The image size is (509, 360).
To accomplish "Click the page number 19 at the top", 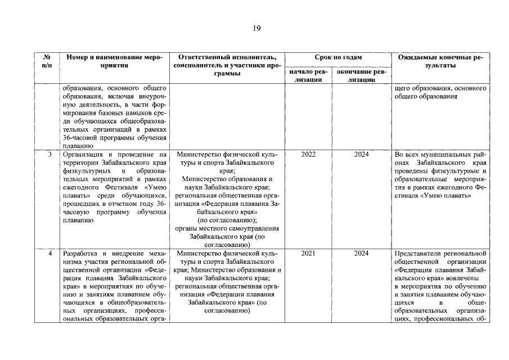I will tap(256, 28).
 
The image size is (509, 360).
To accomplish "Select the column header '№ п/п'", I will tap(47, 61).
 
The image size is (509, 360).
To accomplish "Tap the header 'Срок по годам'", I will tap(338, 57).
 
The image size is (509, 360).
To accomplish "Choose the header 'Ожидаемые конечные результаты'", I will tap(440, 61).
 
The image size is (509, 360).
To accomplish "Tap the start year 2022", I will tap(308, 154).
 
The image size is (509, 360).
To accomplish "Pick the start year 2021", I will tap(308, 253).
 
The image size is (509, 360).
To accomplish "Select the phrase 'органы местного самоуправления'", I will tap(227, 228).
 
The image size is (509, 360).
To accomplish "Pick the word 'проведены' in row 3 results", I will tap(412, 170).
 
